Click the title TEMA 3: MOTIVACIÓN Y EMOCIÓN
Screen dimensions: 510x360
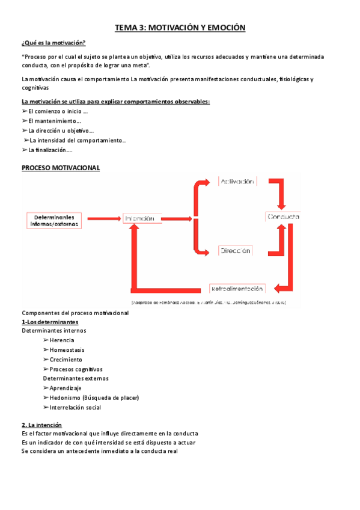tap(180, 27)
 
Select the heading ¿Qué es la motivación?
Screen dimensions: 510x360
tap(53, 43)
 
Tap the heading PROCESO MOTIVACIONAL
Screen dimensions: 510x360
tap(61, 168)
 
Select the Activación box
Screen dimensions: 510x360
tap(237, 182)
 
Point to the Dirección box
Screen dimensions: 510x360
tap(235, 251)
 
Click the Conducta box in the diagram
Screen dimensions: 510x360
tap(282, 217)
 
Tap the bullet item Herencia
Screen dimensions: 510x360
tap(61, 340)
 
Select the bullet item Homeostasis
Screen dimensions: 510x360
tap(67, 350)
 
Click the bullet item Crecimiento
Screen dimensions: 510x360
tap(66, 360)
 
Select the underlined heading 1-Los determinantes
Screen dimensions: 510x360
tap(49, 322)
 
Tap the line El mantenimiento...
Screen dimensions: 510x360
tap(54, 121)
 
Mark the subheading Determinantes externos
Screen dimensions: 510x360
tap(76, 378)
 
